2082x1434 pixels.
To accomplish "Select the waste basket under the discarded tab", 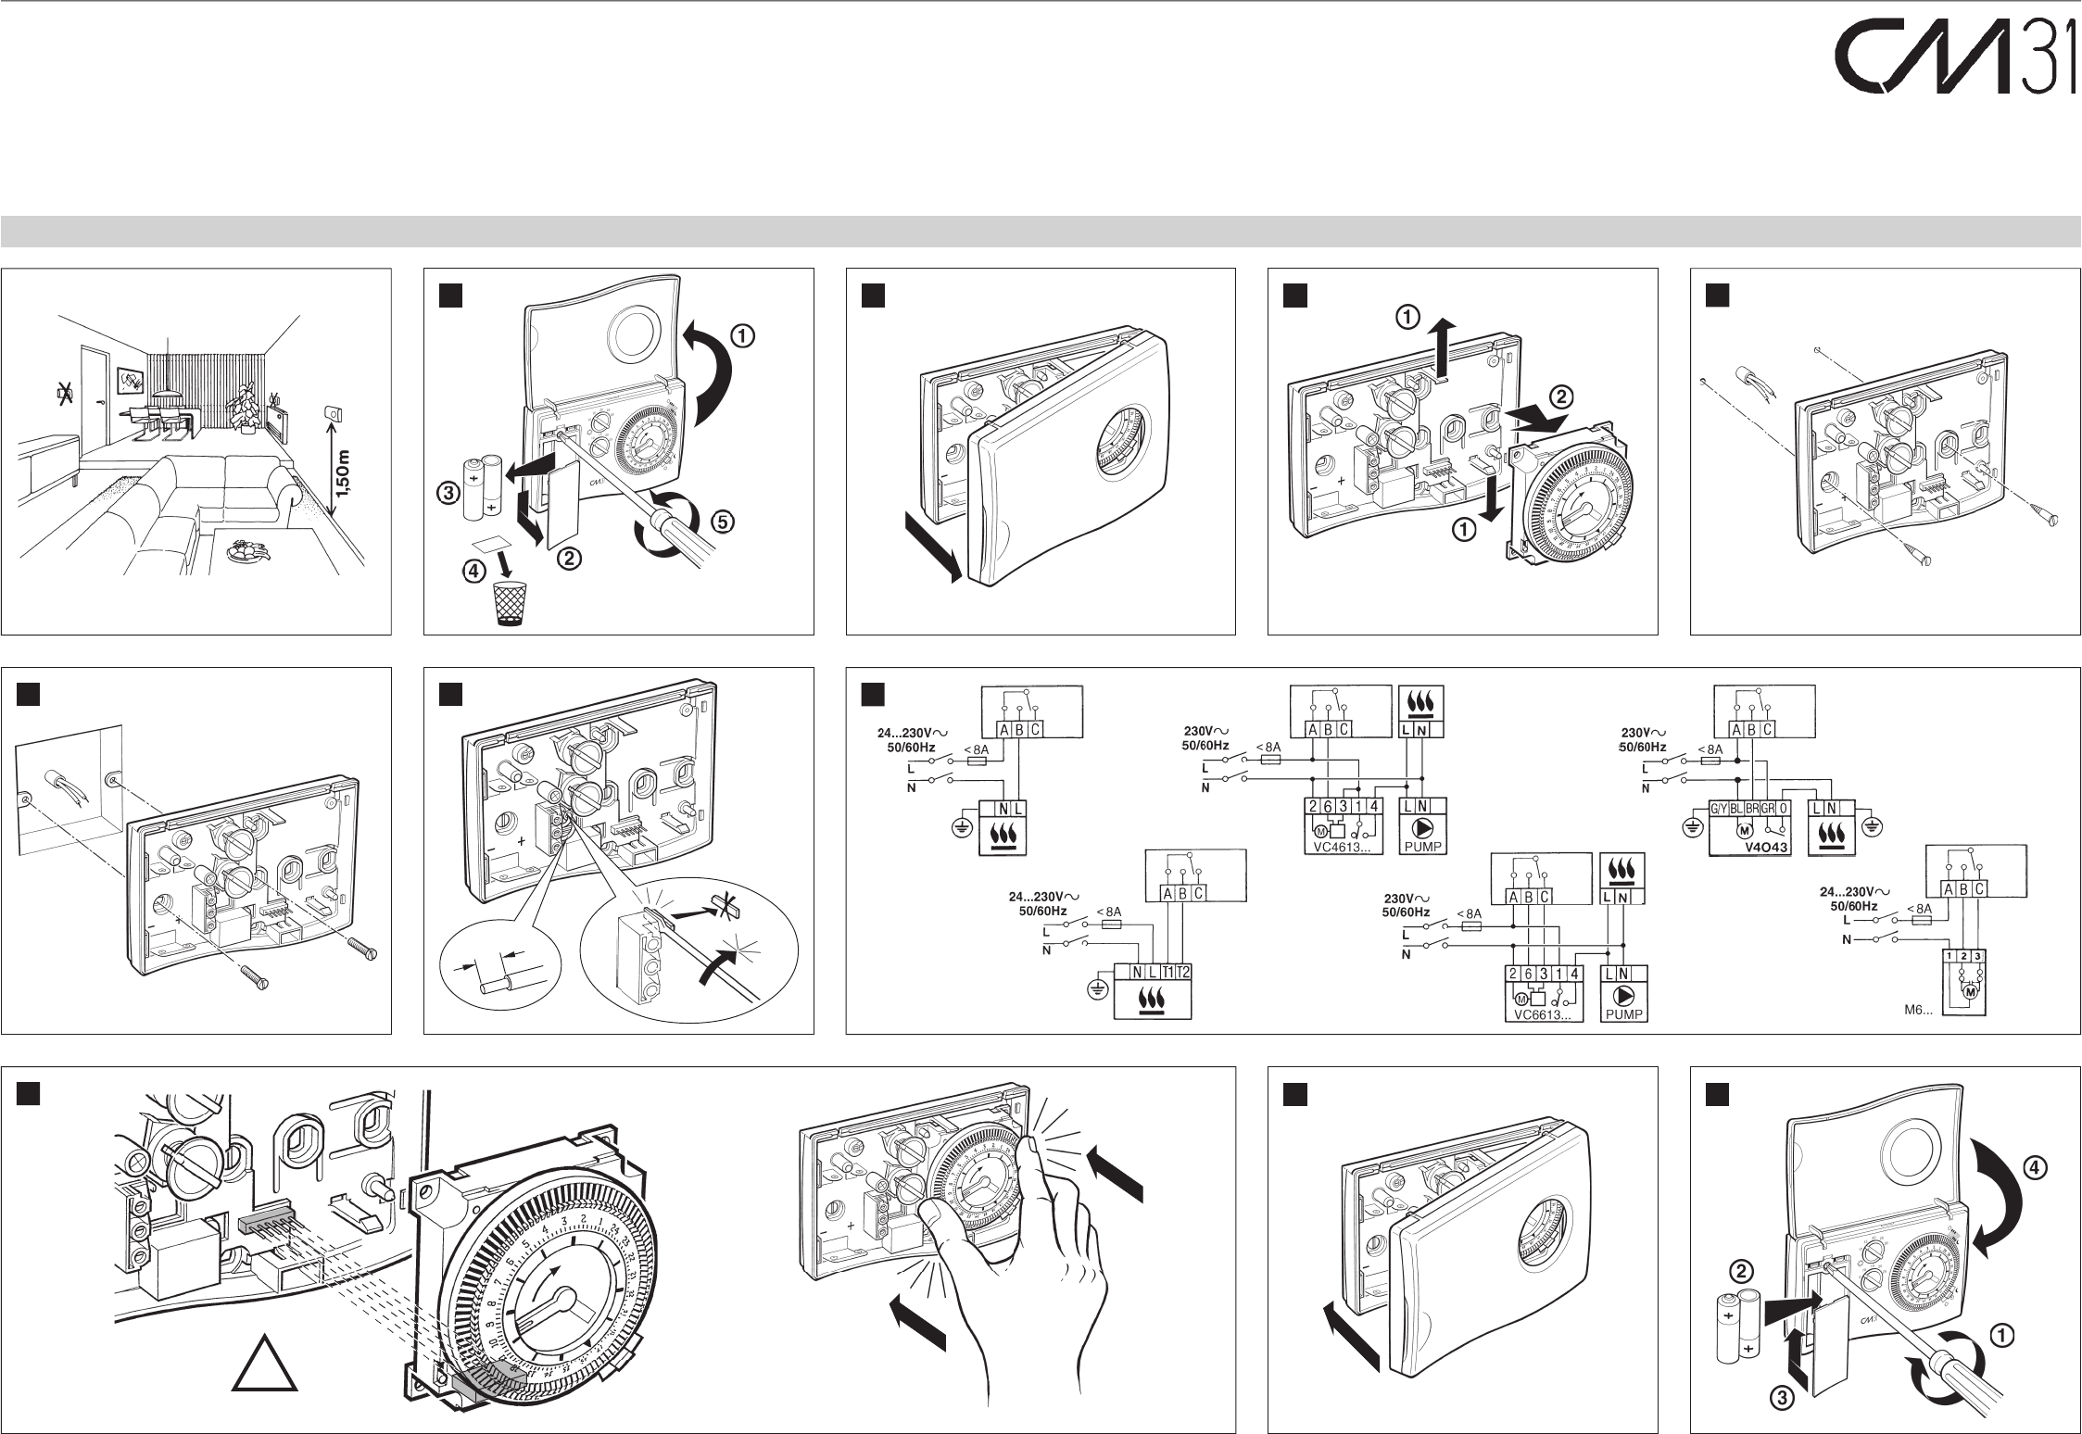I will [x=507, y=603].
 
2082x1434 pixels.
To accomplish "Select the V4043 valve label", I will [x=1766, y=847].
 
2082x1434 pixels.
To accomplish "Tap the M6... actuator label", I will [x=1918, y=1010].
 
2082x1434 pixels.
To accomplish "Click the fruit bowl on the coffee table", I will [x=248, y=549].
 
